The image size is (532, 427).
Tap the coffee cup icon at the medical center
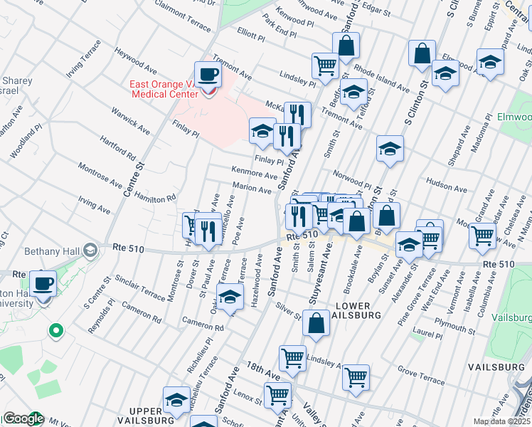(208, 74)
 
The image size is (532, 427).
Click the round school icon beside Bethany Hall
(90, 251)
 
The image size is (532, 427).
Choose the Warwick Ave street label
(130, 120)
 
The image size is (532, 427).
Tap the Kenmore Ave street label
(254, 172)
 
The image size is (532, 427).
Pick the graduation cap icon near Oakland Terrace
(230, 297)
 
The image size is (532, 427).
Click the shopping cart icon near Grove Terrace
(356, 376)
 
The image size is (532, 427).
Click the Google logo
(23, 418)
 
